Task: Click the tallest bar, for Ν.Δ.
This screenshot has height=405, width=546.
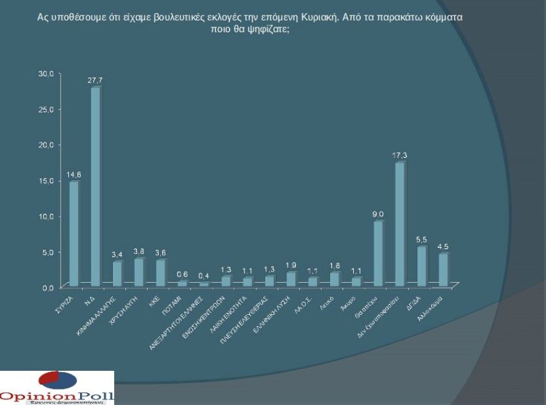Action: click(x=96, y=186)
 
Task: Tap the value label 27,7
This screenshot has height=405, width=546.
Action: click(x=94, y=81)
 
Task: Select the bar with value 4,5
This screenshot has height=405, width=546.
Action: click(x=443, y=270)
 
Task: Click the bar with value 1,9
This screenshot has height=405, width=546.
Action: click(x=291, y=279)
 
